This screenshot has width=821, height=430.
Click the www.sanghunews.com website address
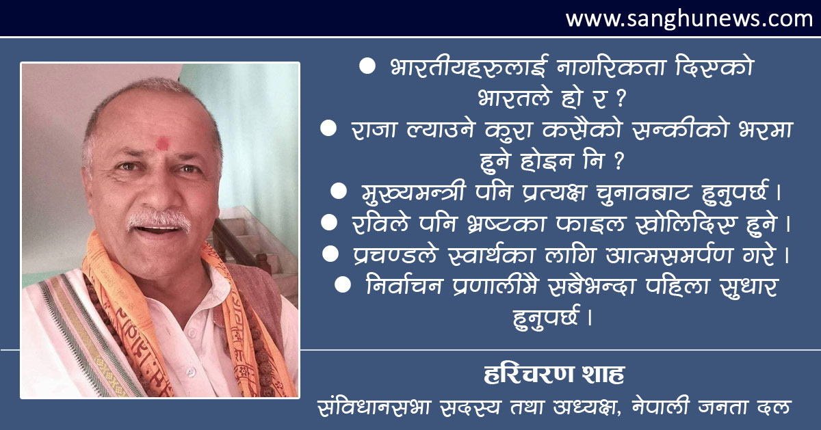click(690, 18)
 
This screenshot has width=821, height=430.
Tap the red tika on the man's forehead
click(163, 143)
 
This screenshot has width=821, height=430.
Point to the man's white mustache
click(159, 219)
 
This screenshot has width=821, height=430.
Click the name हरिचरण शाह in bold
click(553, 374)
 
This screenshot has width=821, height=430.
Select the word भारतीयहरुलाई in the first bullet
click(469, 67)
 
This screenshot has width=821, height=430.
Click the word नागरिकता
click(611, 67)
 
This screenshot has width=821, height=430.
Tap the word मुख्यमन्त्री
click(414, 192)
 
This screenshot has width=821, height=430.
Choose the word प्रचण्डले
click(396, 255)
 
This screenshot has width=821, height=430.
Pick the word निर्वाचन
click(404, 286)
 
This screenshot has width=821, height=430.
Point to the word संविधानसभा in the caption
click(374, 407)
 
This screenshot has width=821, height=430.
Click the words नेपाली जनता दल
click(712, 407)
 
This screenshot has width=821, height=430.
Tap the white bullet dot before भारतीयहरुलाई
click(367, 66)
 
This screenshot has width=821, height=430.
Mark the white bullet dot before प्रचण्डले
click(330, 254)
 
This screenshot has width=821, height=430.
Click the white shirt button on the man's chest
click(190, 372)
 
